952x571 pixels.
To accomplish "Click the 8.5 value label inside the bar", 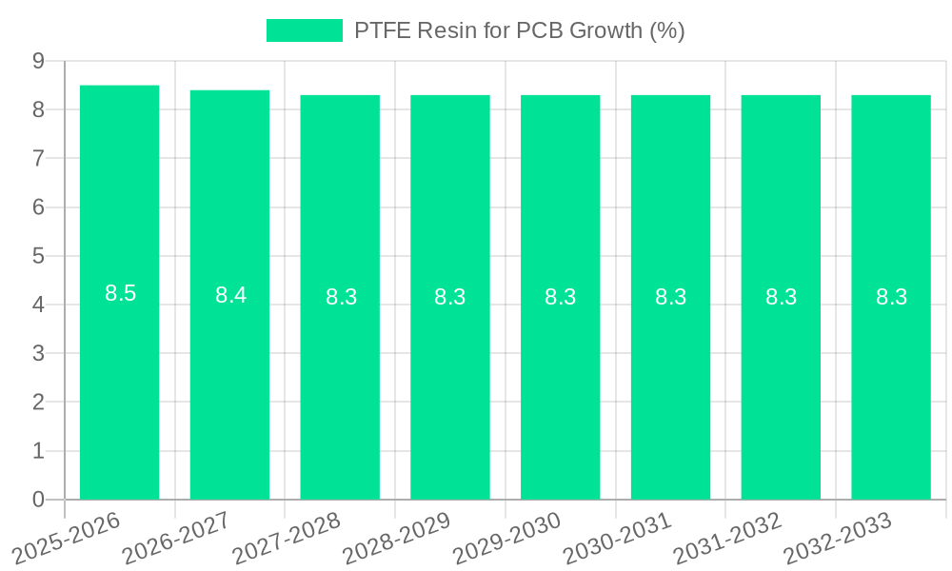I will coord(121,294).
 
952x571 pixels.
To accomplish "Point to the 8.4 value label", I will coord(230,295).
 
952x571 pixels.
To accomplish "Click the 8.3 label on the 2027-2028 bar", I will coord(341,297).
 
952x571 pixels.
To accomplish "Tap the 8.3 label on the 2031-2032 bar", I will coord(781,297).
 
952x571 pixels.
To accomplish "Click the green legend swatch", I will coord(304,30).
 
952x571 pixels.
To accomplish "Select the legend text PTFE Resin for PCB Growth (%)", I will coord(519,30).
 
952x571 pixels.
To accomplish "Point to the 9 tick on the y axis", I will coord(38,61).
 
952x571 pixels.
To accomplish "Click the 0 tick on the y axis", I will coord(38,500).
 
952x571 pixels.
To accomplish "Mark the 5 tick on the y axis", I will coord(38,256).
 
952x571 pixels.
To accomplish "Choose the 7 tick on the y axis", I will coord(38,158).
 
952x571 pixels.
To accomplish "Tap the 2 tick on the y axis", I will coord(38,403).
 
